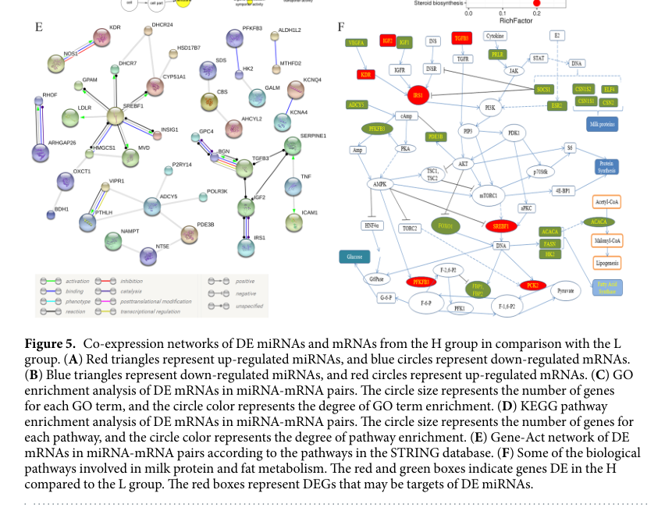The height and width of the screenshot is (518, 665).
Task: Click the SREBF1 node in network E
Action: pyautogui.click(x=115, y=117)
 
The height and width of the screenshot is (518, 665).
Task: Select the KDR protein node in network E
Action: pyautogui.click(x=101, y=37)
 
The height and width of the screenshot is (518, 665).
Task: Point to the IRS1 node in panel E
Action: pyautogui.click(x=246, y=247)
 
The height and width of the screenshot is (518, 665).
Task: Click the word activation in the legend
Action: pyautogui.click(x=77, y=281)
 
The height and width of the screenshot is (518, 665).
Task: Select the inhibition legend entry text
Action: pyautogui.click(x=131, y=281)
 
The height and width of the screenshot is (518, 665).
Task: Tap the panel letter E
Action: pyautogui.click(x=38, y=27)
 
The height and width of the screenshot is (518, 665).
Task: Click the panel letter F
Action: pyautogui.click(x=340, y=27)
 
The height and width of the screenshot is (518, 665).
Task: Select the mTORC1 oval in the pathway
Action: pyautogui.click(x=488, y=194)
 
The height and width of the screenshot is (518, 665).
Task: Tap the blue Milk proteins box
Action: pyautogui.click(x=602, y=122)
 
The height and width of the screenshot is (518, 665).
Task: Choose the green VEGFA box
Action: pyautogui.click(x=357, y=43)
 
